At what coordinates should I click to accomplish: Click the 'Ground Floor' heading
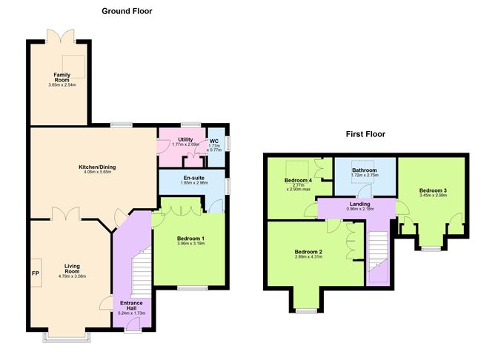127,10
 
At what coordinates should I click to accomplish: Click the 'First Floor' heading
365,134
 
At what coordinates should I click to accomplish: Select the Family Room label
61,77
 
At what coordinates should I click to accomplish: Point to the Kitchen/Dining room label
97,167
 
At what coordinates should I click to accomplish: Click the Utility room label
185,139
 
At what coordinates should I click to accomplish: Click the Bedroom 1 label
190,238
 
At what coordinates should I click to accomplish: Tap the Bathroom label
365,170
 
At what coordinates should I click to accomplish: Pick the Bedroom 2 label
308,252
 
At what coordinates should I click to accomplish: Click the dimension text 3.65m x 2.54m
61,84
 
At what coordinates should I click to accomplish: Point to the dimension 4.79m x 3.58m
72,276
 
